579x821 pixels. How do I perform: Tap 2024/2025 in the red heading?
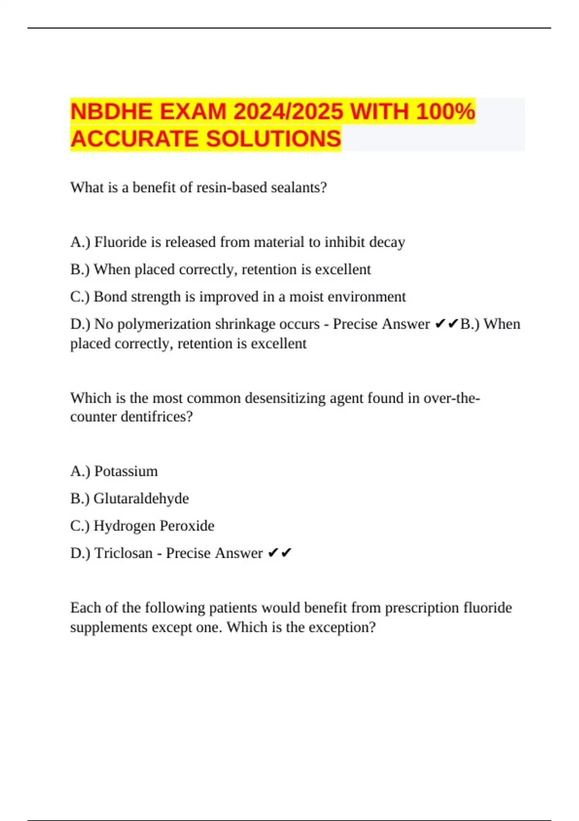(288, 112)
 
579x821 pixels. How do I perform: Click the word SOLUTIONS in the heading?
(274, 139)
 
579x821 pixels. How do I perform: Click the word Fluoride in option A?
(121, 242)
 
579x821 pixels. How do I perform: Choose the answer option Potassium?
(126, 471)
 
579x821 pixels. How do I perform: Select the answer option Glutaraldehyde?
(141, 498)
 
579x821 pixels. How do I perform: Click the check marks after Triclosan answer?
(280, 553)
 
